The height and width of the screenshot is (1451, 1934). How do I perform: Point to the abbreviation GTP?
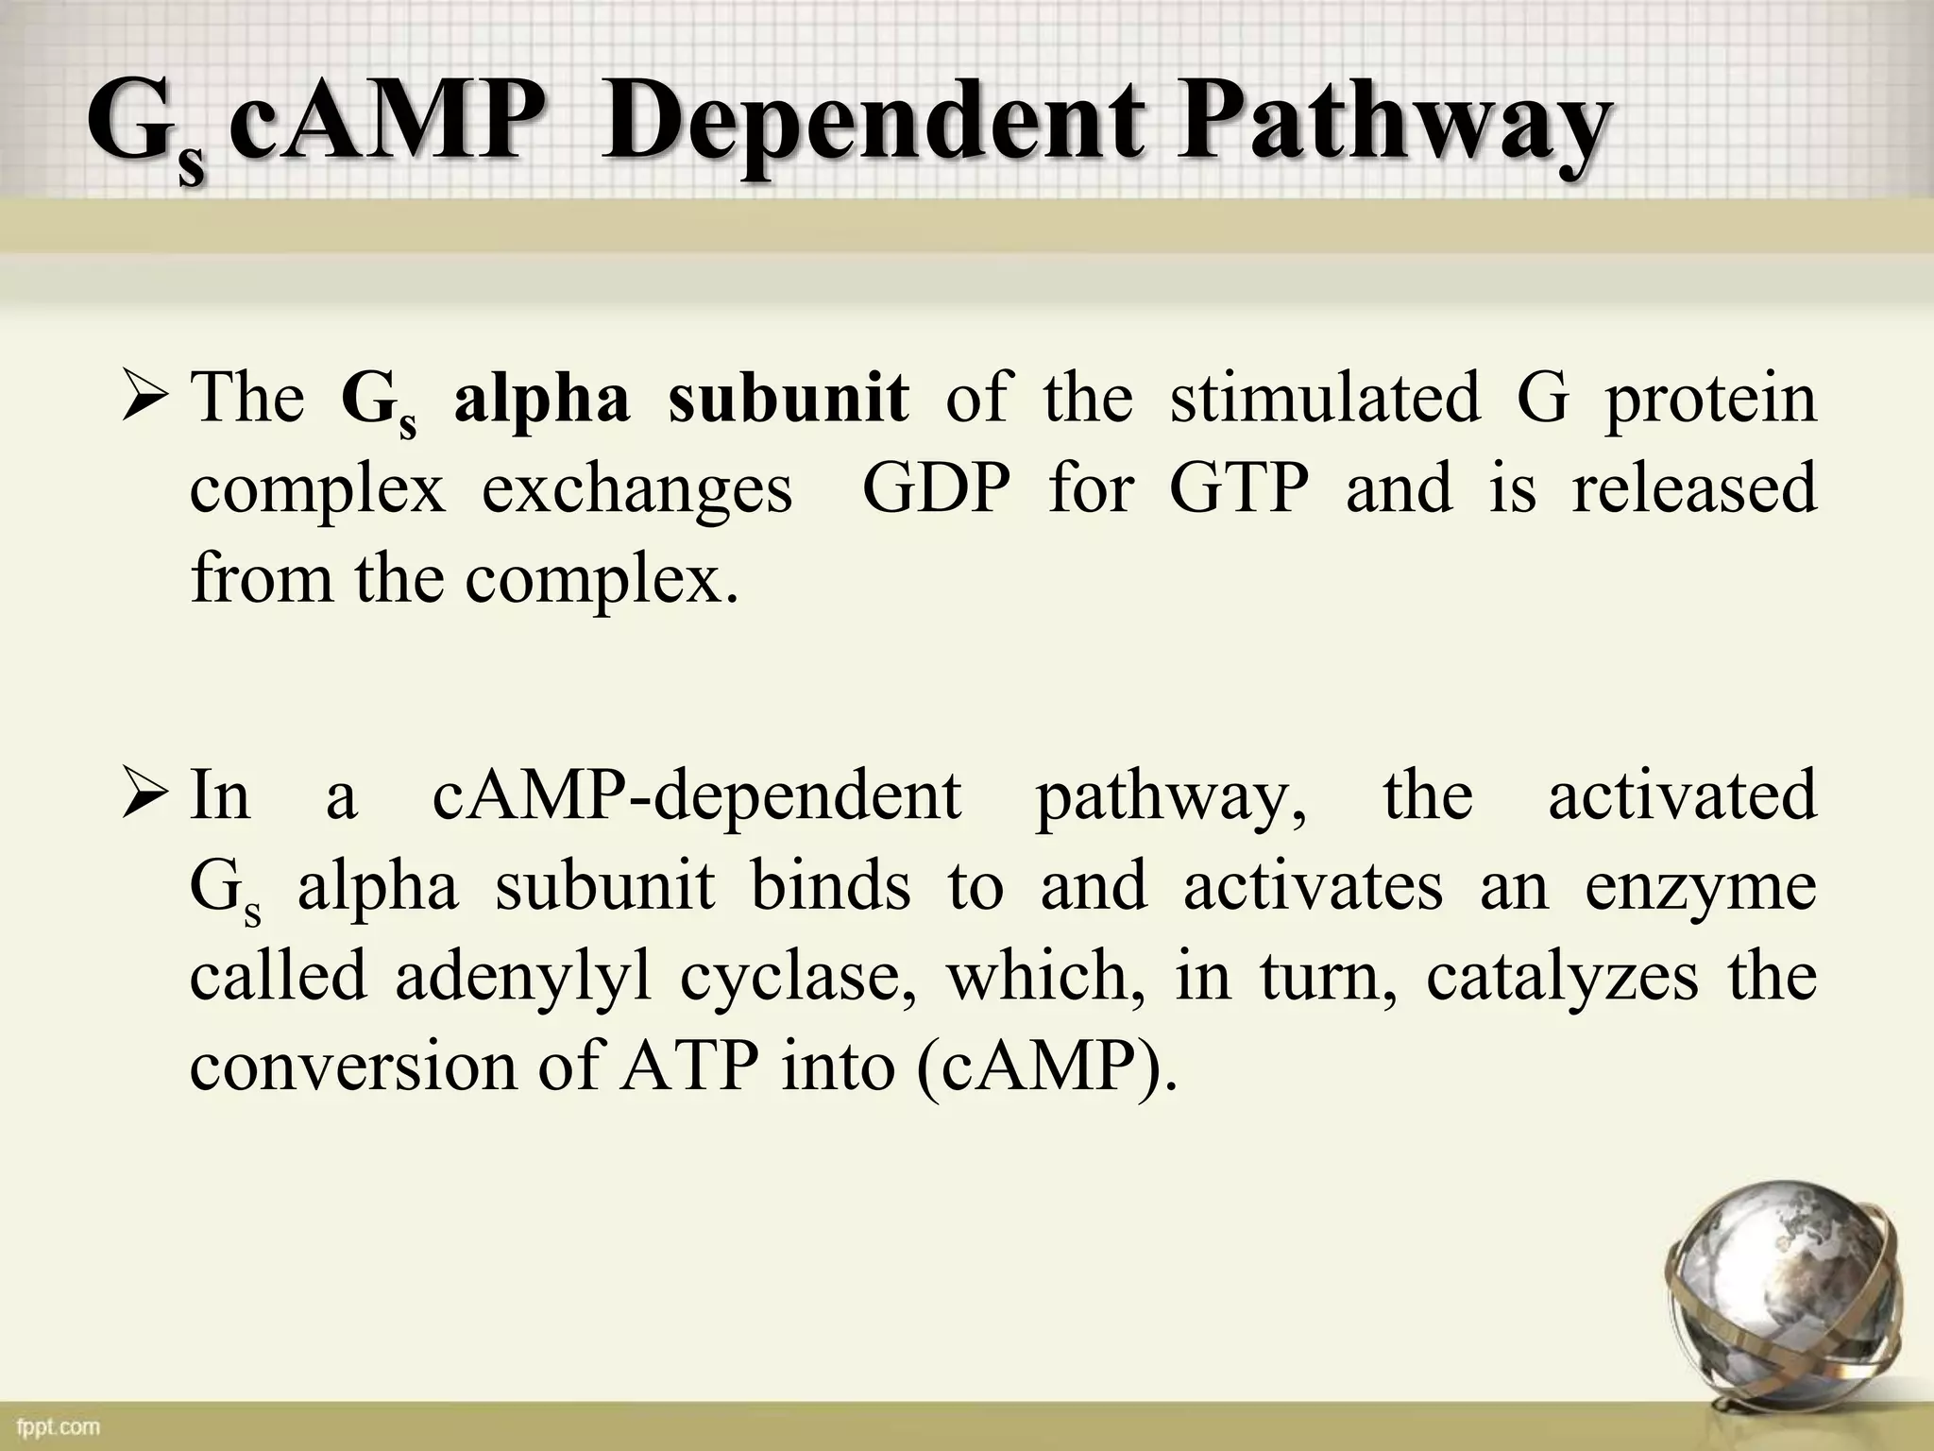click(1239, 488)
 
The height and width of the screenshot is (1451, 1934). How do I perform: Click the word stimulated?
click(1325, 398)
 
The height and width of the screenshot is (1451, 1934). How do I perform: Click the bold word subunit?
click(789, 398)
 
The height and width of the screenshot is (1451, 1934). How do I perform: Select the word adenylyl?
click(523, 978)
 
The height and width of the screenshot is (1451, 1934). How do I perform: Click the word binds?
click(831, 887)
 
